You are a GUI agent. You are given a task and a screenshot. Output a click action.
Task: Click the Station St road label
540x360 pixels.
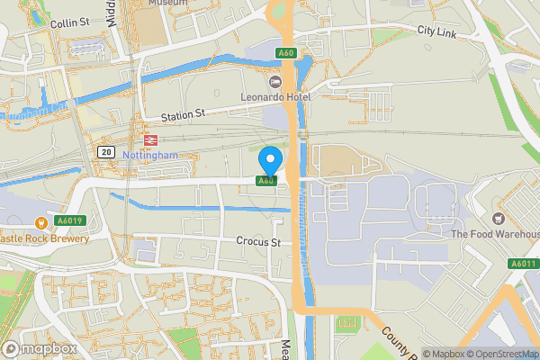pyautogui.click(x=184, y=115)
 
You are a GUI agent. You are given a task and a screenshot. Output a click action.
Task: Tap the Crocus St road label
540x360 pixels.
pyautogui.click(x=259, y=241)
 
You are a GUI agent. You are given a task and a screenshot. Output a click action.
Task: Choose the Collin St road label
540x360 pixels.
pyautogui.click(x=68, y=22)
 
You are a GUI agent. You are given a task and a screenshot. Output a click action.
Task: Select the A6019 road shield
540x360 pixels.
pyautogui.click(x=68, y=220)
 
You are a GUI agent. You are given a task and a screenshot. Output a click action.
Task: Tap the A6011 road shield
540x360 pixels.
pyautogui.click(x=523, y=264)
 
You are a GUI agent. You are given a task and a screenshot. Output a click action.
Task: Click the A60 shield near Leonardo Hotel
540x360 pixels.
pyautogui.click(x=286, y=54)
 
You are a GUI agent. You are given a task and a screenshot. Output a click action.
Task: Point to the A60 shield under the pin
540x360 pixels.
pyautogui.click(x=266, y=181)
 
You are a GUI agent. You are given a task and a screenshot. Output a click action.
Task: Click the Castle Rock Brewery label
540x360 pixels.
pyautogui.click(x=45, y=238)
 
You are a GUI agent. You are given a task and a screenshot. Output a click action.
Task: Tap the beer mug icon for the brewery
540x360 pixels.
pyautogui.click(x=40, y=222)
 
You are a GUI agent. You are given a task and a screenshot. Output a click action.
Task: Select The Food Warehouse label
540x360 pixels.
pyautogui.click(x=495, y=235)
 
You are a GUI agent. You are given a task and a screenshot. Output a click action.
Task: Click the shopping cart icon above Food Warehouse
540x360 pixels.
pyautogui.click(x=497, y=218)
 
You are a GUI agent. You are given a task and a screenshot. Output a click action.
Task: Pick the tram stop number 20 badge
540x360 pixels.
pyautogui.click(x=107, y=151)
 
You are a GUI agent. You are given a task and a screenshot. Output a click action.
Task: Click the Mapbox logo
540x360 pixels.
pyautogui.click(x=40, y=348)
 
